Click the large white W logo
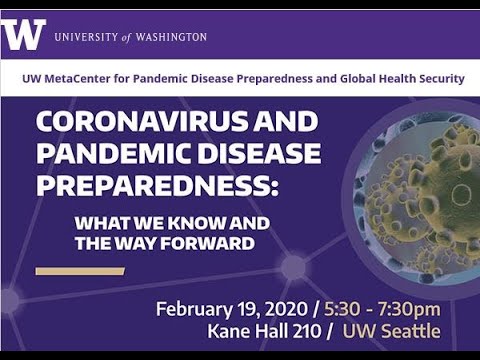coord(24,35)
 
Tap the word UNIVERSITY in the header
coord(86,37)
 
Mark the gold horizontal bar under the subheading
coord(79,270)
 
